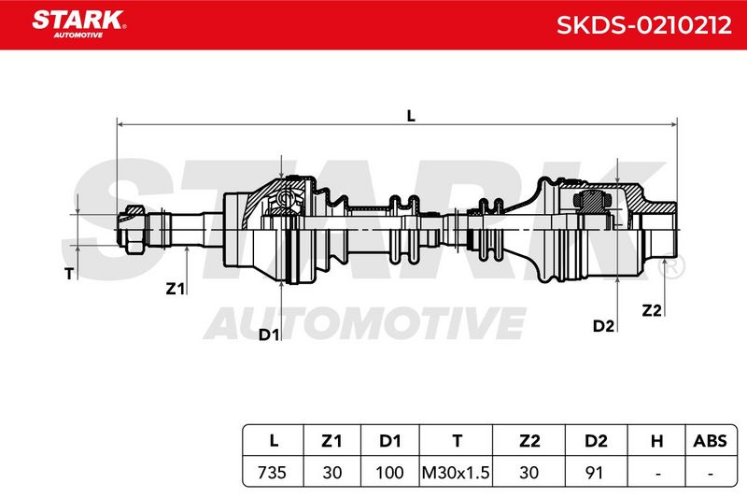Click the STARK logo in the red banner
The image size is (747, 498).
pos(79,24)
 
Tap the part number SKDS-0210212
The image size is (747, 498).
pos(643,25)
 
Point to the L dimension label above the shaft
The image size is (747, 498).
pos(411,115)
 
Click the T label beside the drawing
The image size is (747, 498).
pos(69,274)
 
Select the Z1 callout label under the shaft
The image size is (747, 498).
pos(175,289)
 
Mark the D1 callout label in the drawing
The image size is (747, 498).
pos(269,334)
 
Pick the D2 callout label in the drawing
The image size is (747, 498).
pos(603,326)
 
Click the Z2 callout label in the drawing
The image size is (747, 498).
pos(652,310)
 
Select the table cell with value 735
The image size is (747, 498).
pos(272,472)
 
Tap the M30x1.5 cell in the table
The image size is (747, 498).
pos(456,472)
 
